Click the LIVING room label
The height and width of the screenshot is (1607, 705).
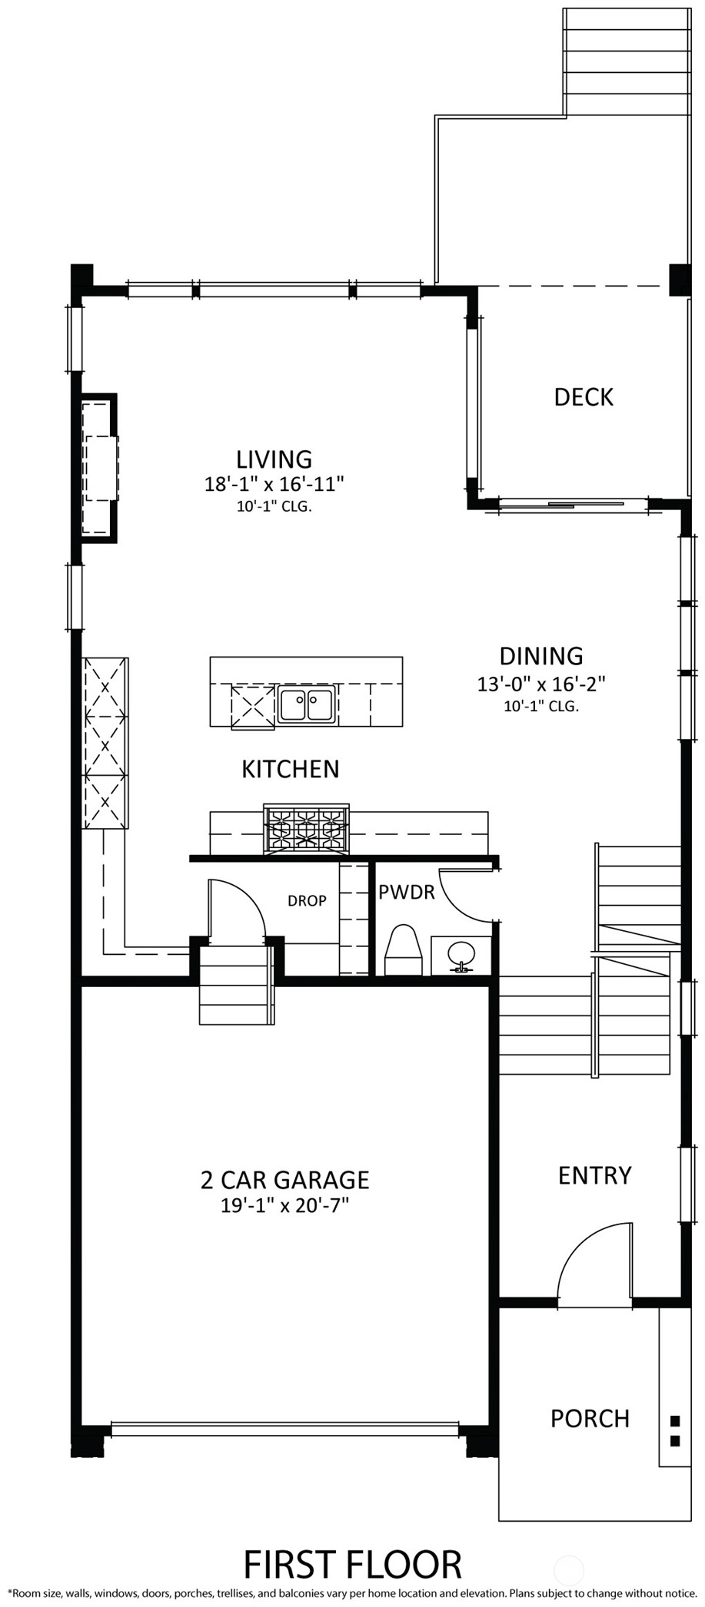pyautogui.click(x=274, y=459)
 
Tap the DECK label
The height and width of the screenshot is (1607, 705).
pyautogui.click(x=584, y=397)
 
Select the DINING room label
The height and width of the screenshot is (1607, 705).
pyautogui.click(x=541, y=656)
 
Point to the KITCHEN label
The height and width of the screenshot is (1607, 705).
pyautogui.click(x=291, y=769)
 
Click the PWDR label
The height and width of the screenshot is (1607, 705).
pyautogui.click(x=407, y=892)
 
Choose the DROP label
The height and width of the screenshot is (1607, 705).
pyautogui.click(x=307, y=900)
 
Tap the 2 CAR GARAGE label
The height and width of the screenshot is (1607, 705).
pyautogui.click(x=285, y=1179)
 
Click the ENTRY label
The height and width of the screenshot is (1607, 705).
pyautogui.click(x=594, y=1175)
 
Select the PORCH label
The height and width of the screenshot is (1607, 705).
pyautogui.click(x=590, y=1418)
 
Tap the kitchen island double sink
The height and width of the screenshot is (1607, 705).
pyautogui.click(x=306, y=705)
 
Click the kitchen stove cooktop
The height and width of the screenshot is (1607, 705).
pyautogui.click(x=306, y=829)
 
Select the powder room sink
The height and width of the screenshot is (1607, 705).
pyautogui.click(x=461, y=955)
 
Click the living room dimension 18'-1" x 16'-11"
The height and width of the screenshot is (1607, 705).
pyautogui.click(x=274, y=484)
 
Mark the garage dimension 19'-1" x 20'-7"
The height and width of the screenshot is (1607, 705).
pyautogui.click(x=285, y=1204)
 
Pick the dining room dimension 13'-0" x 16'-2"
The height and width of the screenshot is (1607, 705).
pyautogui.click(x=541, y=683)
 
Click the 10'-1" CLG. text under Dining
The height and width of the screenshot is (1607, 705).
pyautogui.click(x=541, y=706)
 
